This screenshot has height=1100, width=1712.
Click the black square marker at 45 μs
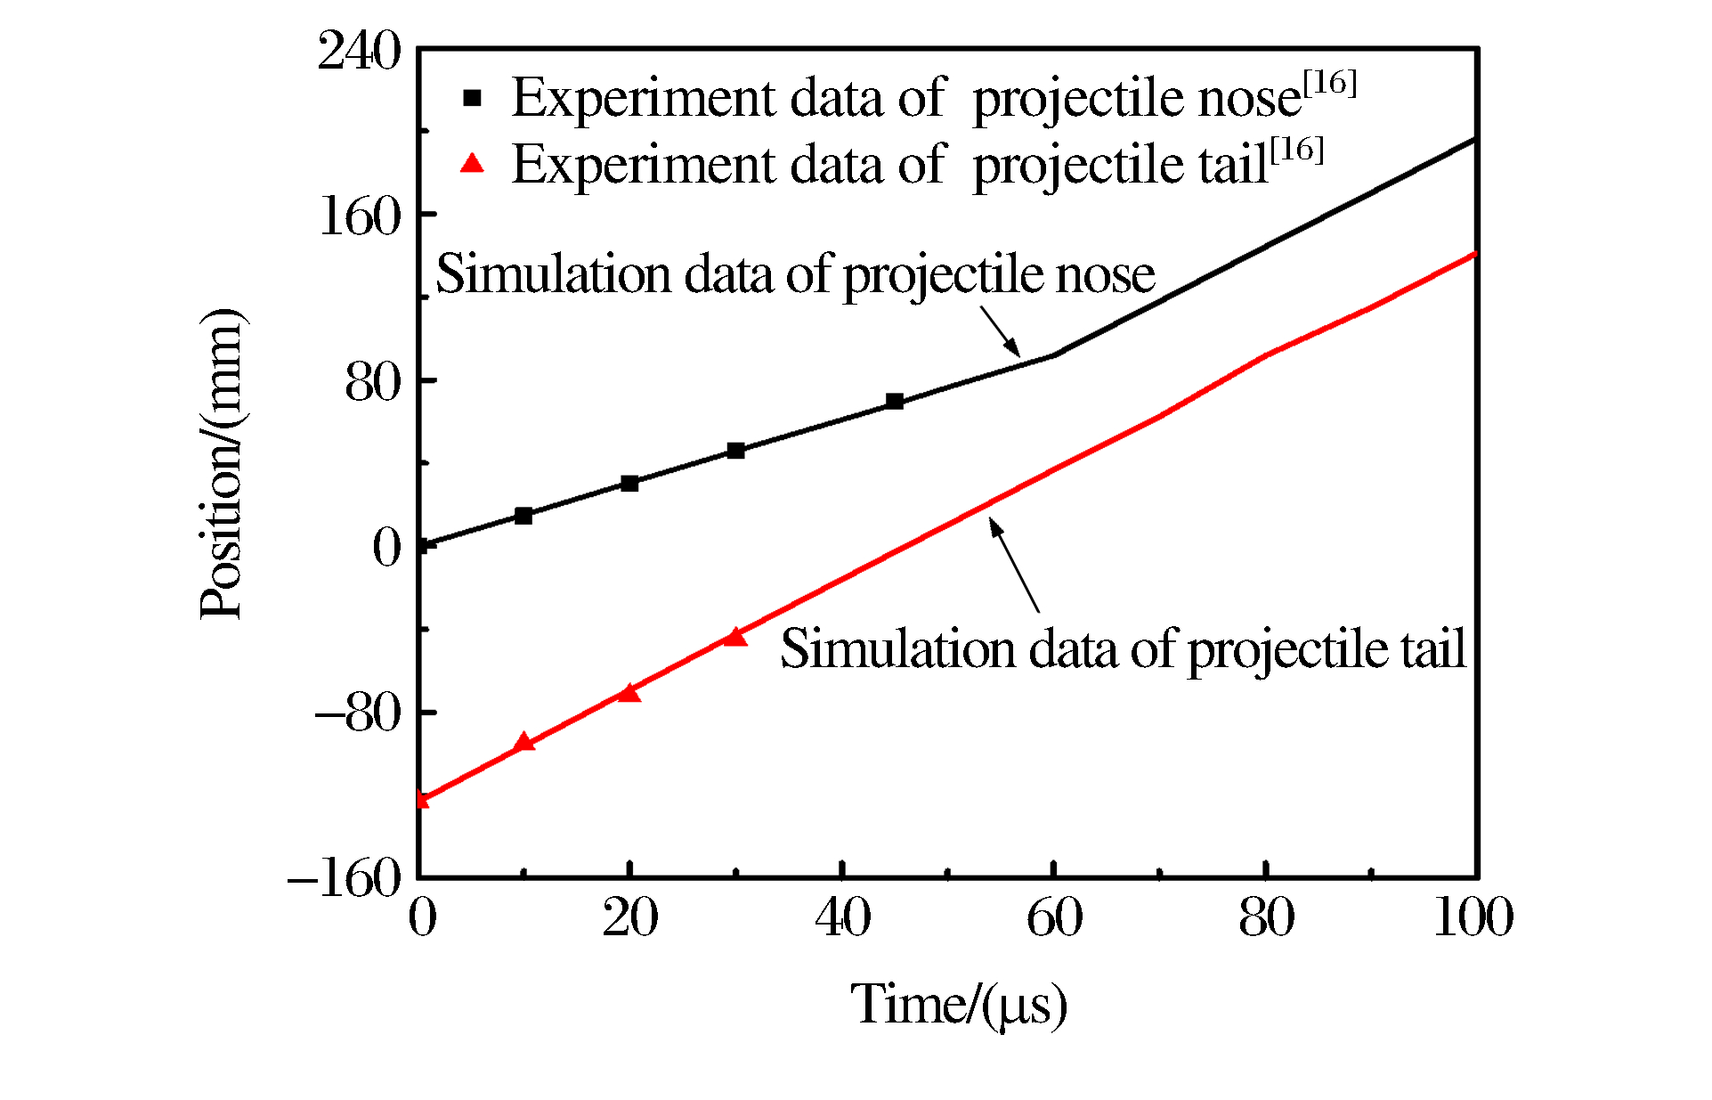point(895,402)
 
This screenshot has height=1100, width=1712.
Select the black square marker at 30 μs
point(735,451)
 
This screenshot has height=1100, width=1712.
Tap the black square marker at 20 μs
point(629,484)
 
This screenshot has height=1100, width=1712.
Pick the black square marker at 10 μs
point(523,516)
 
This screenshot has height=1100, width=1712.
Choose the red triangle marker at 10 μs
point(524,742)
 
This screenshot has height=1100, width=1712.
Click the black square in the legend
point(472,98)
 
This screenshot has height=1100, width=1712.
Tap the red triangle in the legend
point(472,163)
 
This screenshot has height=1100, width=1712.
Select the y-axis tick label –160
point(345,879)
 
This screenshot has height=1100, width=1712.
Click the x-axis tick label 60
point(1054,917)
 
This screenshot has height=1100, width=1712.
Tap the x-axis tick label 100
point(1473,917)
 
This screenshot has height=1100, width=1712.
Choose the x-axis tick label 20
point(629,917)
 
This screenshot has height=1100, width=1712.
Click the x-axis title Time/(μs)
point(958,1005)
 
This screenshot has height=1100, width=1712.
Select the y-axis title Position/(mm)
point(221,463)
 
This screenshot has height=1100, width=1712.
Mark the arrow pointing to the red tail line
point(1015,566)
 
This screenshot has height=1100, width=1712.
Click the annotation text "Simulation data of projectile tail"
point(1122,648)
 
